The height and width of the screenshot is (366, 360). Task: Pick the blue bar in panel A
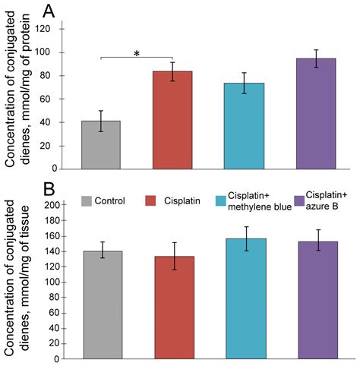[244, 125]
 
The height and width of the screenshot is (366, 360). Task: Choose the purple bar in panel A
[315, 113]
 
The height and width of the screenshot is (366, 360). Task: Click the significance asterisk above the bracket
[136, 53]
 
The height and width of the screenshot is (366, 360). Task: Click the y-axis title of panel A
[18, 95]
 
